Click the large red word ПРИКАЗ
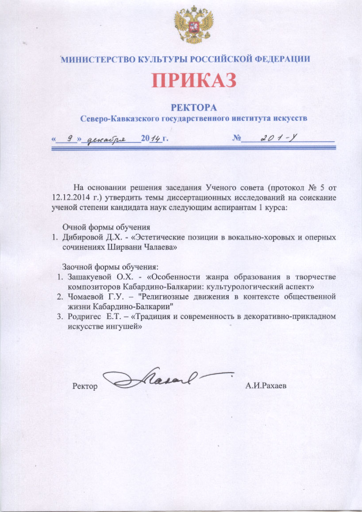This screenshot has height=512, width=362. click(194, 81)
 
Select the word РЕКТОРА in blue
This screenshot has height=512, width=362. click(194, 108)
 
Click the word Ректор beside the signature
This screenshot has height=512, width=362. click(85, 386)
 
